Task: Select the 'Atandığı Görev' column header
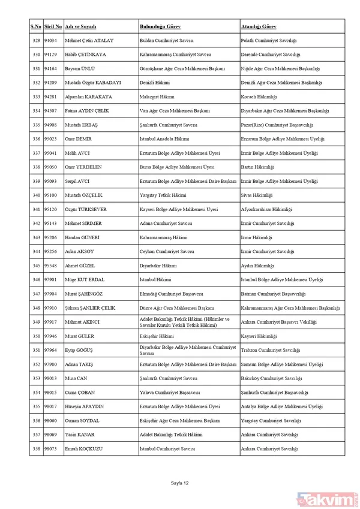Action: [x=259, y=27]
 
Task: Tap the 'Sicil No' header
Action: [x=53, y=27]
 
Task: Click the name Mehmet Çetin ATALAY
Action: [x=90, y=40]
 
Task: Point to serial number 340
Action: [x=35, y=195]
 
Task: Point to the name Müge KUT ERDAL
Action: [x=86, y=279]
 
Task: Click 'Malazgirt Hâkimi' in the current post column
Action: [x=157, y=97]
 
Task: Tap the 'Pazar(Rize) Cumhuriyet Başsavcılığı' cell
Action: [x=276, y=125]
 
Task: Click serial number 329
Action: [x=35, y=40]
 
